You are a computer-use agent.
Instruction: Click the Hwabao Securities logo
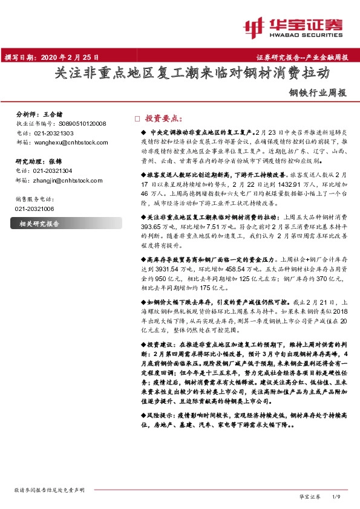pos(296,27)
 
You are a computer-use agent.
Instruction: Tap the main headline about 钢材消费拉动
pos(192,74)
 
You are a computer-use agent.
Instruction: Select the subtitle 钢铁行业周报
pos(319,94)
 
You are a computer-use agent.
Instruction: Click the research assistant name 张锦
pos(55,161)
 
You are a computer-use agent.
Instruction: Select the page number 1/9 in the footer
pos(338,496)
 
